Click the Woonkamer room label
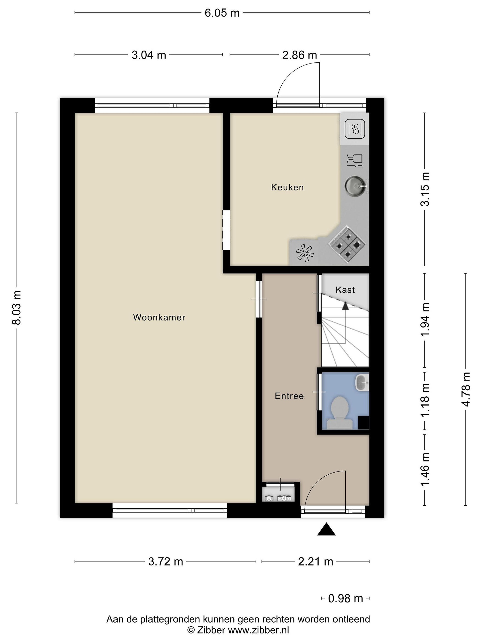coord(159,317)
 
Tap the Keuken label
coord(287,187)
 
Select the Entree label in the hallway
coord(289,396)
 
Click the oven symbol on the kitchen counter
coord(355,129)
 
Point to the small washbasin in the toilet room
coord(362,382)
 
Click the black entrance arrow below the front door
coord(326,529)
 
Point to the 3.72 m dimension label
coord(166,561)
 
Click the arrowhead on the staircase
coord(345,306)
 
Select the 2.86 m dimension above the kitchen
coord(299,55)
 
